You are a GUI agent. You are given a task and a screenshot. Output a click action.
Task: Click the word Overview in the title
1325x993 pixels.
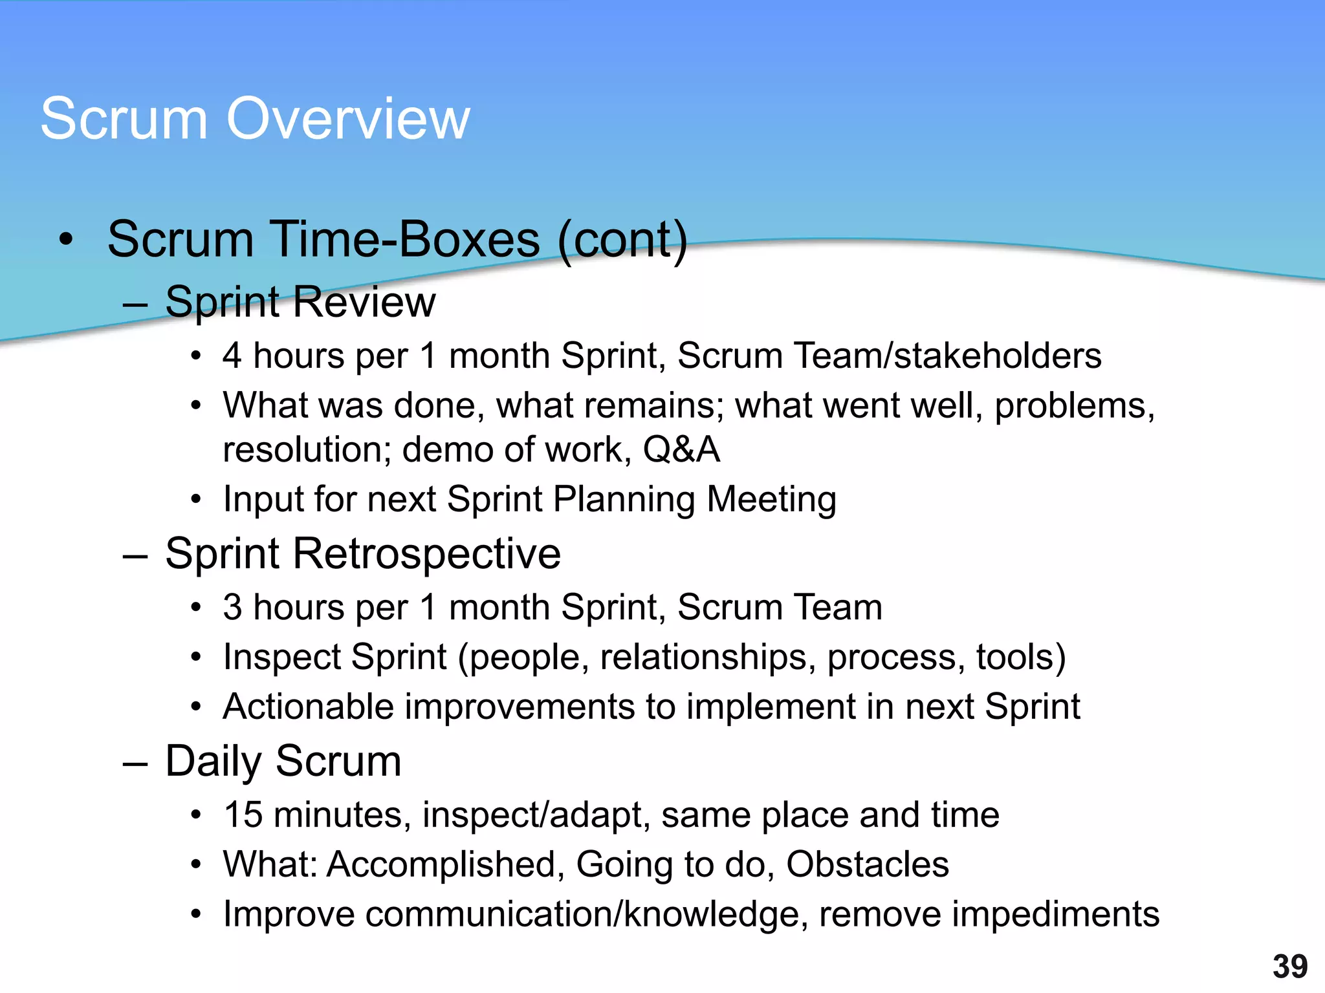[x=348, y=119]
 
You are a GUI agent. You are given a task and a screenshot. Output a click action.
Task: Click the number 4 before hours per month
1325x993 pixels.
[x=232, y=356]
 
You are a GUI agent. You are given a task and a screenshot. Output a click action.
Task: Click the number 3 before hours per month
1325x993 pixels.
[x=232, y=608]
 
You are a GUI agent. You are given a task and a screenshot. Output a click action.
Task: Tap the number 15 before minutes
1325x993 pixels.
[x=243, y=815]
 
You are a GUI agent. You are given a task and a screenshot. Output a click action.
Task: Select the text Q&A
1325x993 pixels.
[x=681, y=450]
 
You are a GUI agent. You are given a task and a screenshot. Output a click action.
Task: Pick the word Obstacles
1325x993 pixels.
[x=867, y=864]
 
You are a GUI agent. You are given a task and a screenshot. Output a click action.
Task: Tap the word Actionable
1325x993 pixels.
[x=308, y=707]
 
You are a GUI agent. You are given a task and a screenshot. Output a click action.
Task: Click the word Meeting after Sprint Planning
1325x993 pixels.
[x=771, y=500]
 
